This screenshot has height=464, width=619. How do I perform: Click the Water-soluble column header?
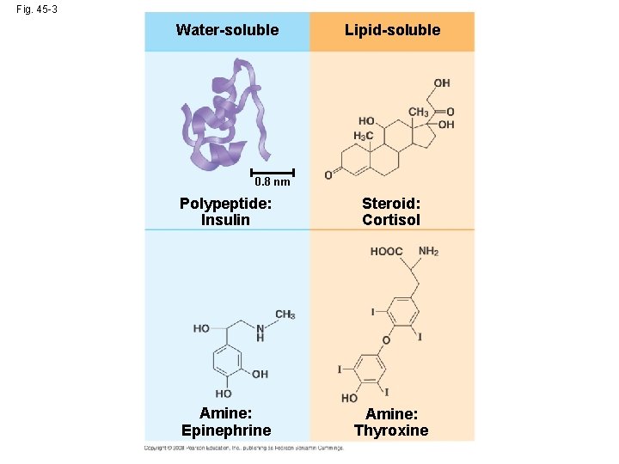(227, 30)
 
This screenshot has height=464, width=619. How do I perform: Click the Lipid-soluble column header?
(392, 30)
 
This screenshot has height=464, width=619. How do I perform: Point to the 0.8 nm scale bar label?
(273, 182)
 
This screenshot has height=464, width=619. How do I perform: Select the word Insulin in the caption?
(225, 220)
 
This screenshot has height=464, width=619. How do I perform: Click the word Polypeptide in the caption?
(225, 204)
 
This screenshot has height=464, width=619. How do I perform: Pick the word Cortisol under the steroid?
(391, 220)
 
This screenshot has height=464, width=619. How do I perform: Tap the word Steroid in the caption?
(390, 204)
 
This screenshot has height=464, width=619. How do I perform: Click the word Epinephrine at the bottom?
(226, 430)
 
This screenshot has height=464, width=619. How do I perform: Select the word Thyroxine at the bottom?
(391, 430)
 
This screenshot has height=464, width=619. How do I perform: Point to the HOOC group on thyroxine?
(386, 252)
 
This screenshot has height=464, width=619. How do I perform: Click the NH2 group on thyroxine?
(428, 252)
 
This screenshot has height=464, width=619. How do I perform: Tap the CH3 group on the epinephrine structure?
(285, 314)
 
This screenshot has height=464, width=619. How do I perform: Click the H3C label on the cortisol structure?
(364, 137)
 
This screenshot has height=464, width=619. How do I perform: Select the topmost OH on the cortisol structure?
(441, 83)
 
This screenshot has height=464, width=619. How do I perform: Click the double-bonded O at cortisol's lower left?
(328, 175)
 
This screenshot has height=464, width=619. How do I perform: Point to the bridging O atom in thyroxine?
(386, 340)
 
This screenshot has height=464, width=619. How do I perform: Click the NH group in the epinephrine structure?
(260, 333)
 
